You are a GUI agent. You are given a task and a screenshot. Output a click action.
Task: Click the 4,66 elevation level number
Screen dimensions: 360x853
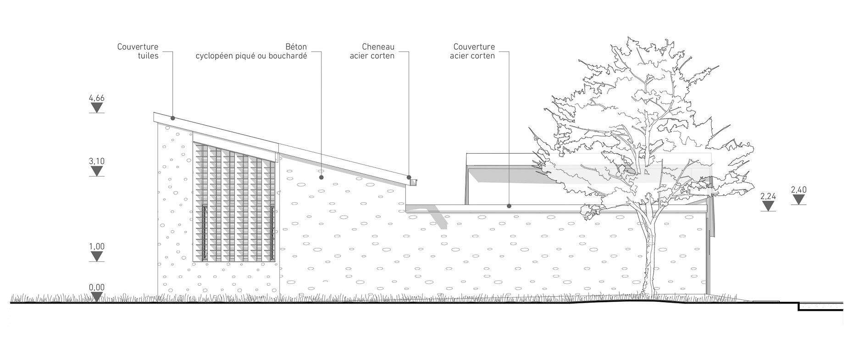click(97, 98)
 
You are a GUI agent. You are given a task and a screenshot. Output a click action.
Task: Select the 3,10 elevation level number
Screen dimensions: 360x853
click(97, 161)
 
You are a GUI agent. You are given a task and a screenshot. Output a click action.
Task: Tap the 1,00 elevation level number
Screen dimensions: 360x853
click(97, 246)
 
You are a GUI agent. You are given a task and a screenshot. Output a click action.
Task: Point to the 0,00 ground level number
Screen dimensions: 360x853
click(97, 288)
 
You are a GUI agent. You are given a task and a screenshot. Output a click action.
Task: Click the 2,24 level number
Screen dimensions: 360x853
click(768, 197)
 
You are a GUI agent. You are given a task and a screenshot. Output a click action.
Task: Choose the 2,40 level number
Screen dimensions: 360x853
click(799, 189)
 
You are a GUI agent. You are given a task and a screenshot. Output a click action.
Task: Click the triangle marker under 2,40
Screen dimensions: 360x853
click(799, 199)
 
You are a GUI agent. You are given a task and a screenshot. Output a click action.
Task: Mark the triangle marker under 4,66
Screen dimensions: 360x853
click(97, 108)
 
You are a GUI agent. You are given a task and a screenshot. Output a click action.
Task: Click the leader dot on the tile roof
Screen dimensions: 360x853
click(173, 118)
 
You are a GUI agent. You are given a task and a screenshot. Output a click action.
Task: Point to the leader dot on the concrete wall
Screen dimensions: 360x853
click(321, 177)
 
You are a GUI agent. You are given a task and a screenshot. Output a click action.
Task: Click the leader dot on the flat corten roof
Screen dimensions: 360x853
click(509, 206)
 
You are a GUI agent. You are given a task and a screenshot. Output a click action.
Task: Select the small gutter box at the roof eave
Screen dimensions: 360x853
click(413, 182)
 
